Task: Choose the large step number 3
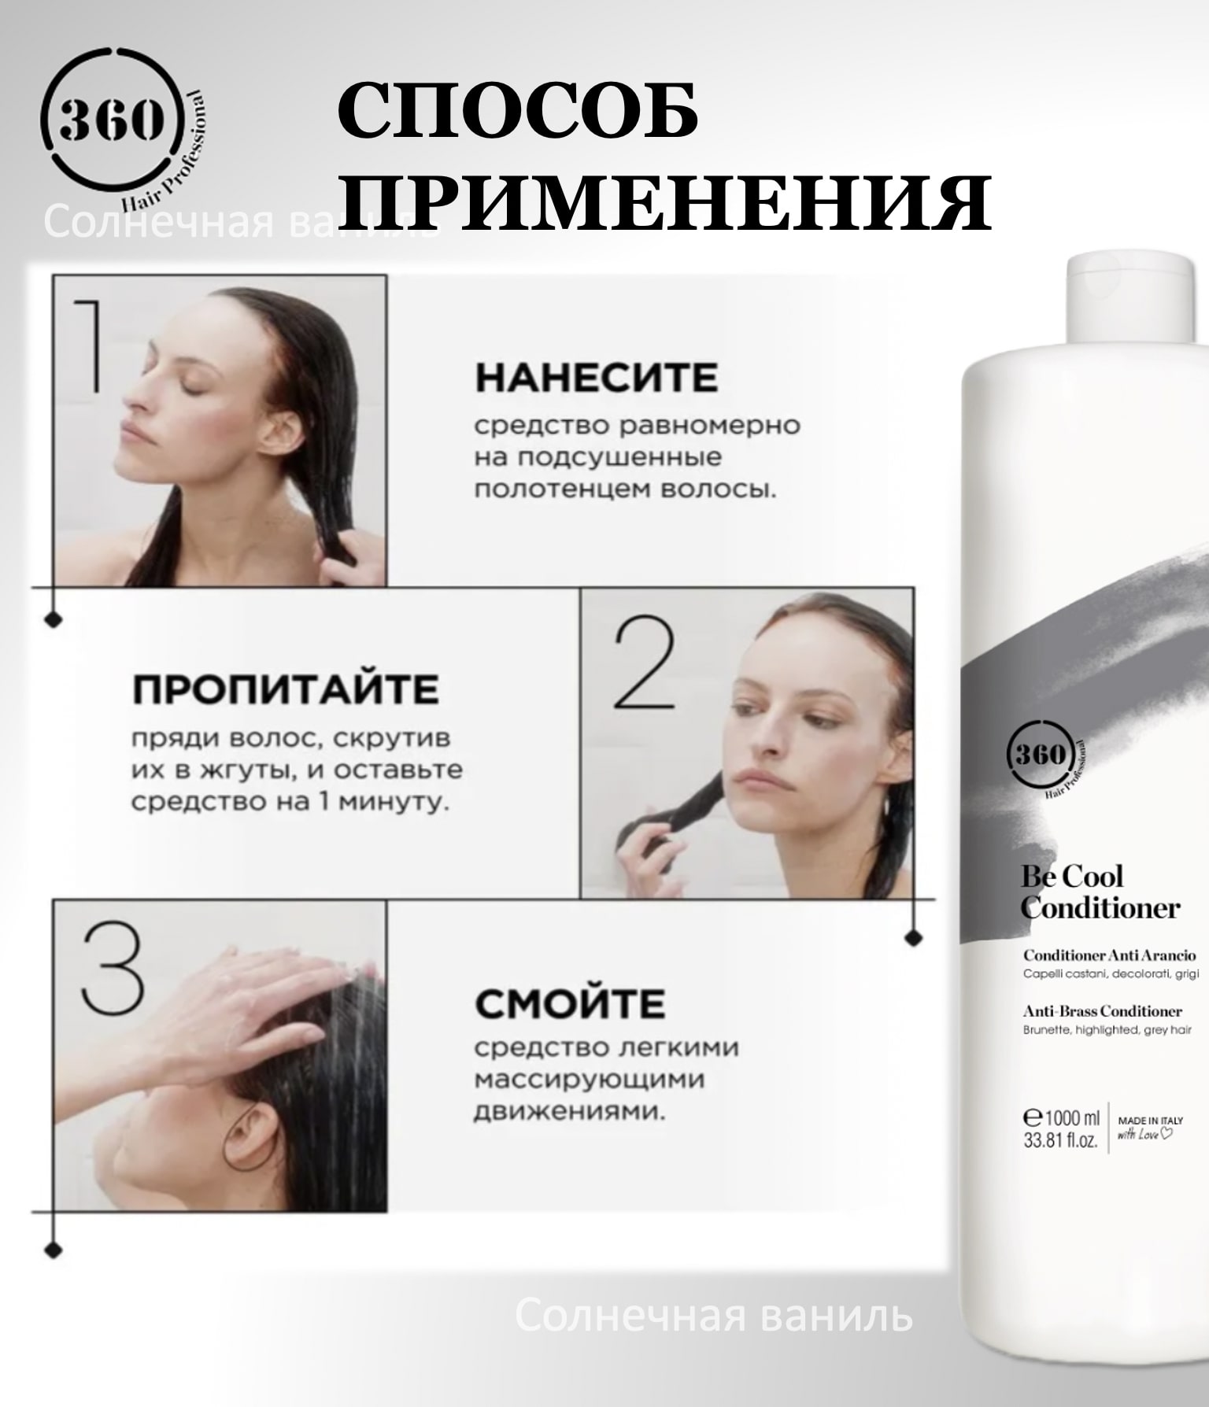click(x=113, y=969)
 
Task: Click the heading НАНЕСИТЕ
click(x=596, y=378)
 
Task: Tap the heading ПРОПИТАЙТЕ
click(x=285, y=690)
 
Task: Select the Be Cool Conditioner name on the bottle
click(x=1100, y=892)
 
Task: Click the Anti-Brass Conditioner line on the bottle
click(x=1103, y=1011)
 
